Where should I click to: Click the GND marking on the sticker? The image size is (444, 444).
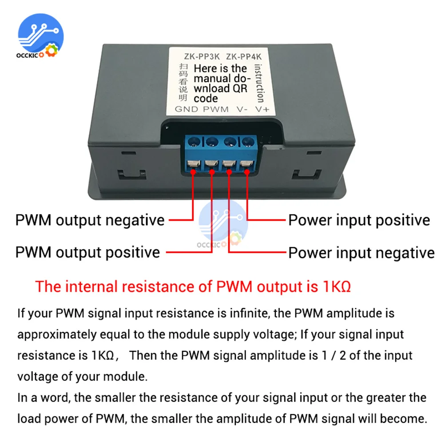point(186,109)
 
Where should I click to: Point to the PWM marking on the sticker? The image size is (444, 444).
point(216,109)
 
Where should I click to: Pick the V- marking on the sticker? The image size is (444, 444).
point(242,109)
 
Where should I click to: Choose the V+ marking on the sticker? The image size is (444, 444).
point(262,109)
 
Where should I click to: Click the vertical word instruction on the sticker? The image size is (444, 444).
point(259,83)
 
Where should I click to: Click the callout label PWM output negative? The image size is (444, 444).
point(90,220)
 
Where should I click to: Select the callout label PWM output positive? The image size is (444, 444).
point(87,252)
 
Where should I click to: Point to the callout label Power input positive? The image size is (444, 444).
point(359,220)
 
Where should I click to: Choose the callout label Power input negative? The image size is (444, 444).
point(361,253)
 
